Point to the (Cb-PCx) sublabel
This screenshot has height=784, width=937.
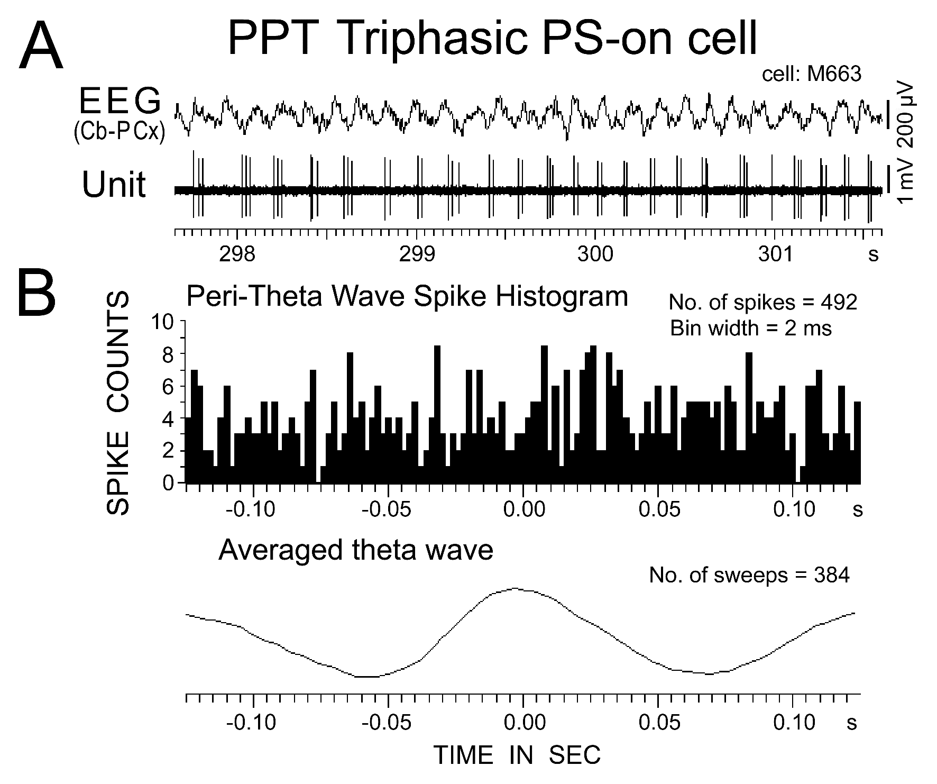tap(119, 131)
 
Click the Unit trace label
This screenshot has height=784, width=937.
tap(114, 185)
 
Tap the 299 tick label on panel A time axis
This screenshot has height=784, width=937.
tap(417, 254)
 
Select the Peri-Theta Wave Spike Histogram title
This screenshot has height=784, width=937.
tap(407, 297)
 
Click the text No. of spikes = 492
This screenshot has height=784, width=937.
tap(763, 303)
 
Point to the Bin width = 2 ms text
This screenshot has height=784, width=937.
tap(751, 329)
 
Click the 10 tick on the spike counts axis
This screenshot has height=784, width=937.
tap(163, 322)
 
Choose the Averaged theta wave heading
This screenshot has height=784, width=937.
tap(355, 550)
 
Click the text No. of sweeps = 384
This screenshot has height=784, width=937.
tap(749, 575)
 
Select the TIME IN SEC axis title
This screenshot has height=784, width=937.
tap(517, 755)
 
